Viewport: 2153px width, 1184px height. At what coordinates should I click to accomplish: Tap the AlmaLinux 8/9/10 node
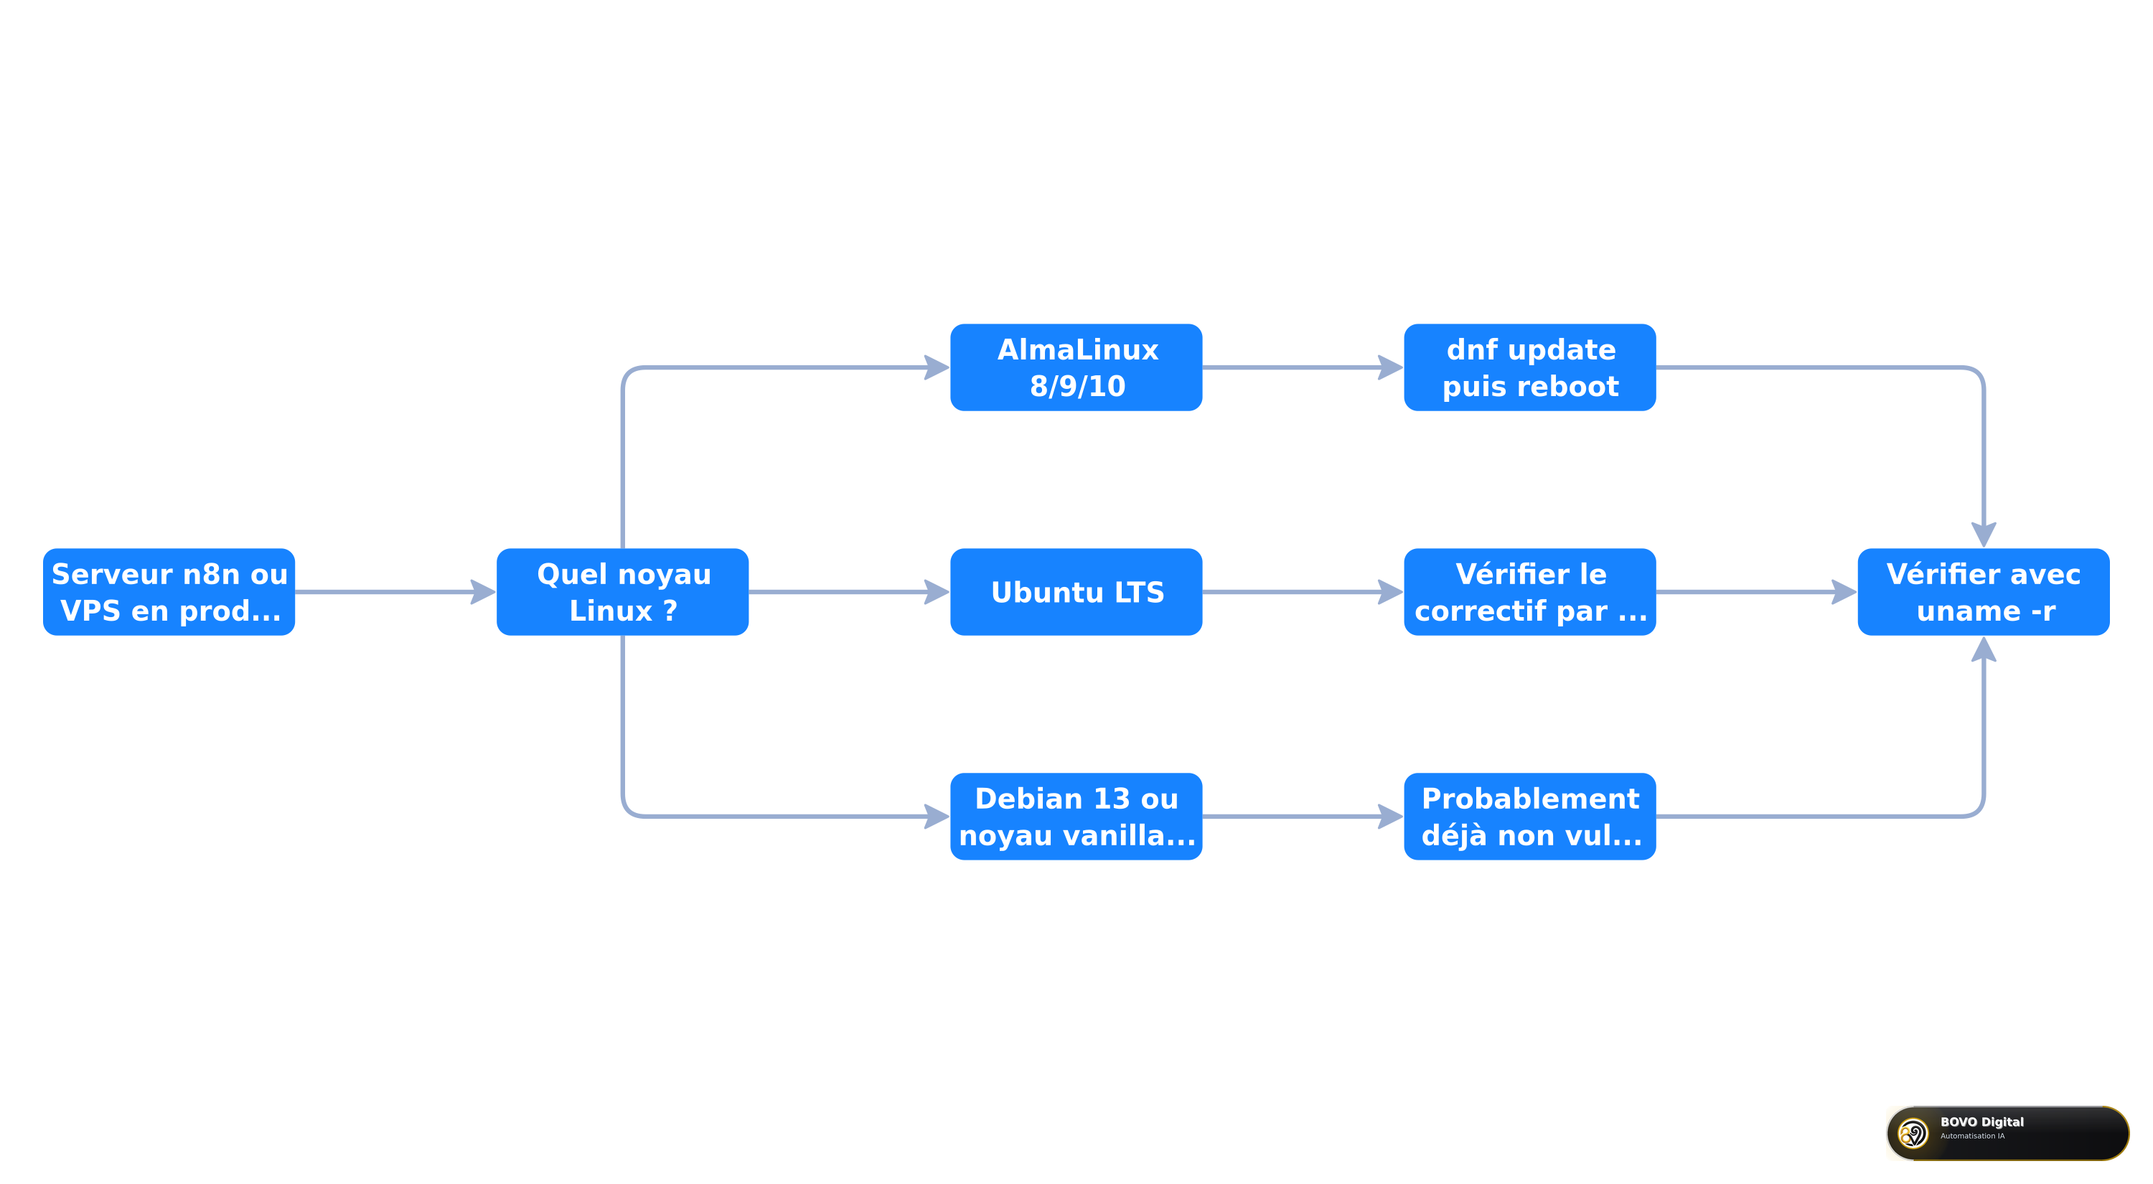[x=1076, y=367]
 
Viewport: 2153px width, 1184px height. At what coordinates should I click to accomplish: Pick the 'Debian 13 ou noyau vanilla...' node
[x=1076, y=817]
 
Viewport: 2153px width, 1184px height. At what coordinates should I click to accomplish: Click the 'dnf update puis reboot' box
[x=1530, y=367]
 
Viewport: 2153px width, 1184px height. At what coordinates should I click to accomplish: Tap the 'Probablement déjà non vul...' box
[x=1530, y=817]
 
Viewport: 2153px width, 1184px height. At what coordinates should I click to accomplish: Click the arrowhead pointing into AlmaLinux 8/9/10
[x=939, y=367]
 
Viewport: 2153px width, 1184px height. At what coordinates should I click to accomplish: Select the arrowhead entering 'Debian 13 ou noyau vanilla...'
[x=939, y=817]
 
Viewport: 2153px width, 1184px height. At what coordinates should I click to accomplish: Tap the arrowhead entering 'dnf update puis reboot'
[x=1392, y=367]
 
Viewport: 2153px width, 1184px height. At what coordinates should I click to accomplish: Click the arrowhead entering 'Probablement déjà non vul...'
[x=1392, y=817]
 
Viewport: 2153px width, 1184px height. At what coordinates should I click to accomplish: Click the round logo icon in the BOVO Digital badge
[x=1913, y=1133]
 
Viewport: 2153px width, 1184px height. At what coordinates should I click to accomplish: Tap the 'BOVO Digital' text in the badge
[x=1981, y=1122]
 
